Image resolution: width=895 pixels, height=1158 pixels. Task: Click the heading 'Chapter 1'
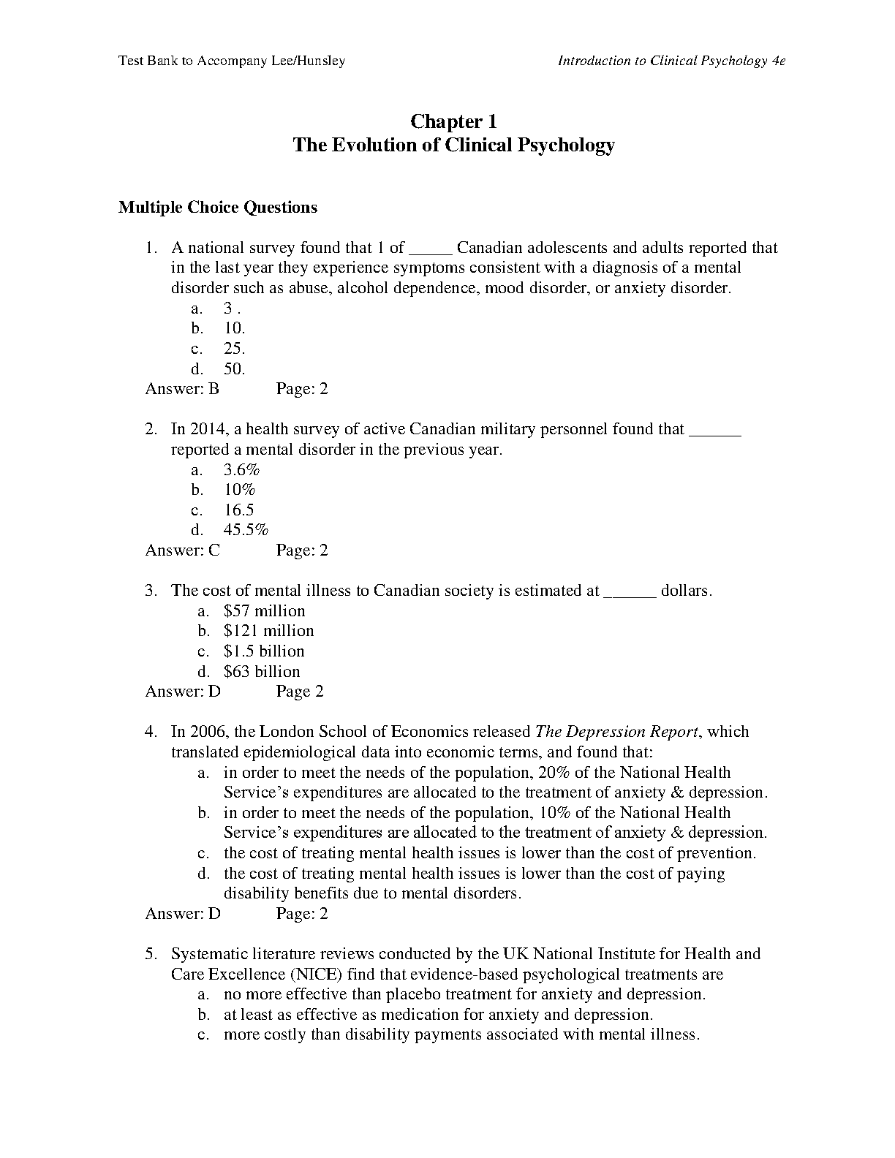click(x=453, y=121)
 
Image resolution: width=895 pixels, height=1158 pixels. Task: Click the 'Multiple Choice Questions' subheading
click(x=218, y=208)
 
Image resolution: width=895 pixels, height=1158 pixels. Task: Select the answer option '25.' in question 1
click(x=234, y=349)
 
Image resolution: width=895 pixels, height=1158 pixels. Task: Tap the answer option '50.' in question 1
click(x=234, y=369)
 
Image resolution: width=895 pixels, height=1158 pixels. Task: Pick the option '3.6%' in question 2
click(x=241, y=469)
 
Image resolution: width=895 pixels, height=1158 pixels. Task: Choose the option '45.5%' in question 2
click(x=246, y=530)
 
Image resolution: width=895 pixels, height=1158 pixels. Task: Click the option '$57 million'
click(x=264, y=611)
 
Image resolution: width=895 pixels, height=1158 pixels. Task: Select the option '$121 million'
click(x=268, y=631)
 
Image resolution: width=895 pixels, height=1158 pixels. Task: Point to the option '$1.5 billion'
click(x=263, y=651)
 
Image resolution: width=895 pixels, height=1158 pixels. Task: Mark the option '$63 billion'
click(x=262, y=672)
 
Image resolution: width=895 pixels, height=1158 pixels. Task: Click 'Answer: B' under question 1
click(x=182, y=389)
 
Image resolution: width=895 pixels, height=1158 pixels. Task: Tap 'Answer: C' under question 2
click(x=182, y=550)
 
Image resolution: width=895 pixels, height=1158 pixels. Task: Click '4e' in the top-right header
click(x=778, y=61)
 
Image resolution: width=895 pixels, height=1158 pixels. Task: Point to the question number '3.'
click(x=151, y=591)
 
